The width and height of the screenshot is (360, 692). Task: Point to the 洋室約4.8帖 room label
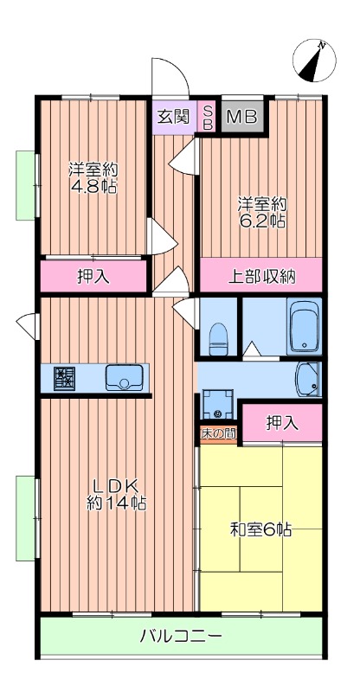point(93,177)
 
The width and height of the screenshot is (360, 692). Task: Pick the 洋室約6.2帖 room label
point(261,212)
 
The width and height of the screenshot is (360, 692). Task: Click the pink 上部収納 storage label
point(261,277)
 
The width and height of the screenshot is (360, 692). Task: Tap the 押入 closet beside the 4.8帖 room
point(93,277)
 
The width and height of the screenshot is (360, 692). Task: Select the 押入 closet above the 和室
point(282,423)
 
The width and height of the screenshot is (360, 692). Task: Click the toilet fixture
point(219,337)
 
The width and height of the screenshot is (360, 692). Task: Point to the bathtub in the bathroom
point(304,328)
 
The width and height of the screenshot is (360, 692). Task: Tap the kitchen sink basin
point(124,377)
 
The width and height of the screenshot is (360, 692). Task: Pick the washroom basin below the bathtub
point(307,377)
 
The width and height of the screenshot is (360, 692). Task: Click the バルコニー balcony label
point(182,637)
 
